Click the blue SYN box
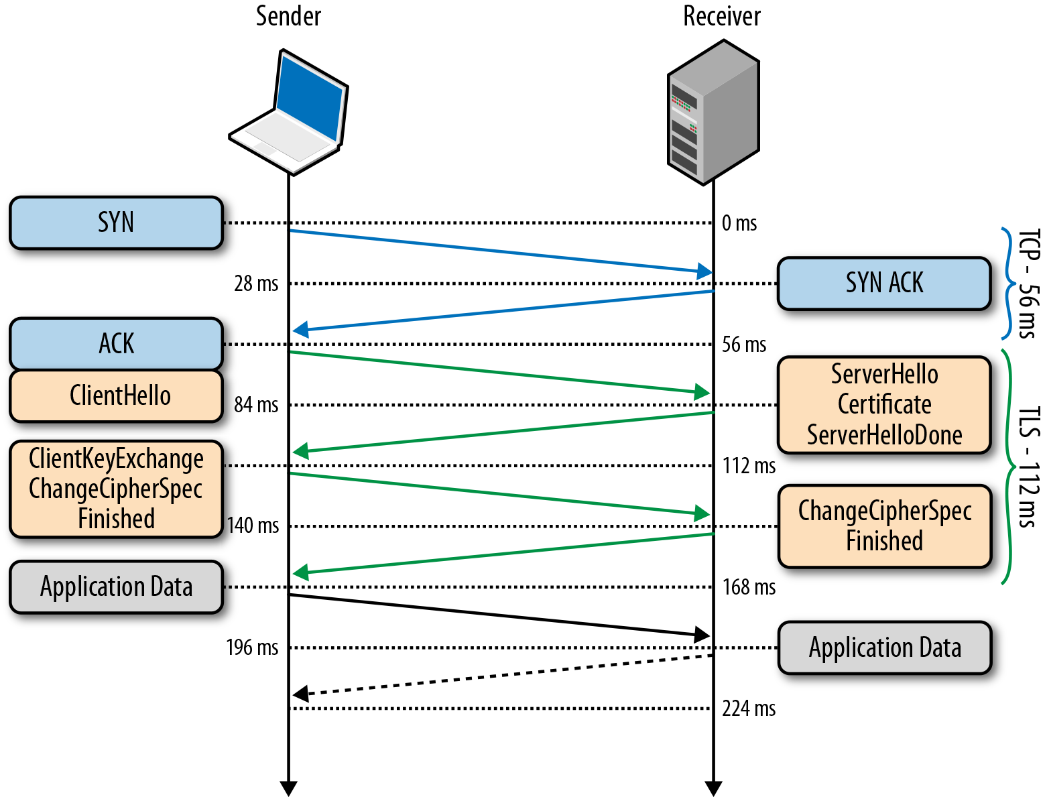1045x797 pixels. pyautogui.click(x=116, y=223)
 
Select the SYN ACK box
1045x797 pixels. pyautogui.click(x=883, y=283)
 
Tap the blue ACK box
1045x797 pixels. pyautogui.click(x=116, y=344)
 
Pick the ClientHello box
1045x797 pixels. pyautogui.click(x=116, y=395)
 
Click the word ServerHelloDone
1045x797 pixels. pyautogui.click(x=883, y=436)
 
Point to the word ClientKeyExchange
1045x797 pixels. pyautogui.click(x=116, y=459)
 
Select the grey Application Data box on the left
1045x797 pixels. pyautogui.click(x=116, y=587)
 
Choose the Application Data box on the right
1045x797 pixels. pyautogui.click(x=883, y=648)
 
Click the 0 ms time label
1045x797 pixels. pyautogui.click(x=739, y=223)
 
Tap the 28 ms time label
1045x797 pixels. pyautogui.click(x=255, y=284)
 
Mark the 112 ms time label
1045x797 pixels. pyautogui.click(x=748, y=466)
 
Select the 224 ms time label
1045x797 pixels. pyautogui.click(x=748, y=709)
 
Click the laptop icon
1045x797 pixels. pyautogui.click(x=289, y=113)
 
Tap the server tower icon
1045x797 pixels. pyautogui.click(x=713, y=112)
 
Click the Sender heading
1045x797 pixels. pyautogui.click(x=288, y=16)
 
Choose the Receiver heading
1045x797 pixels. pyautogui.click(x=721, y=16)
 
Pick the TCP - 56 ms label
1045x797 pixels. pyautogui.click(x=1028, y=284)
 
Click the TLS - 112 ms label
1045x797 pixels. pyautogui.click(x=1028, y=467)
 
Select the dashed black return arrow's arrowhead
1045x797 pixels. pyautogui.click(x=300, y=694)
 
